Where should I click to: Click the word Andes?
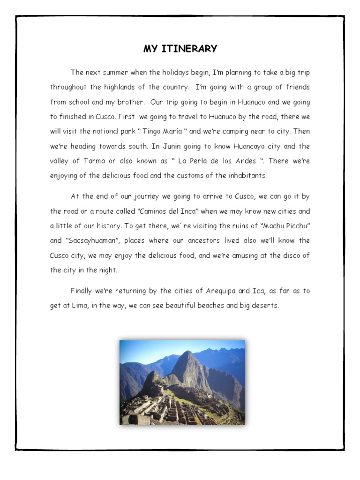pos(244,161)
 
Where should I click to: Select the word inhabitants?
pos(248,176)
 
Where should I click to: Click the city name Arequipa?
pos(221,291)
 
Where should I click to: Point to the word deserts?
pos(264,306)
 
